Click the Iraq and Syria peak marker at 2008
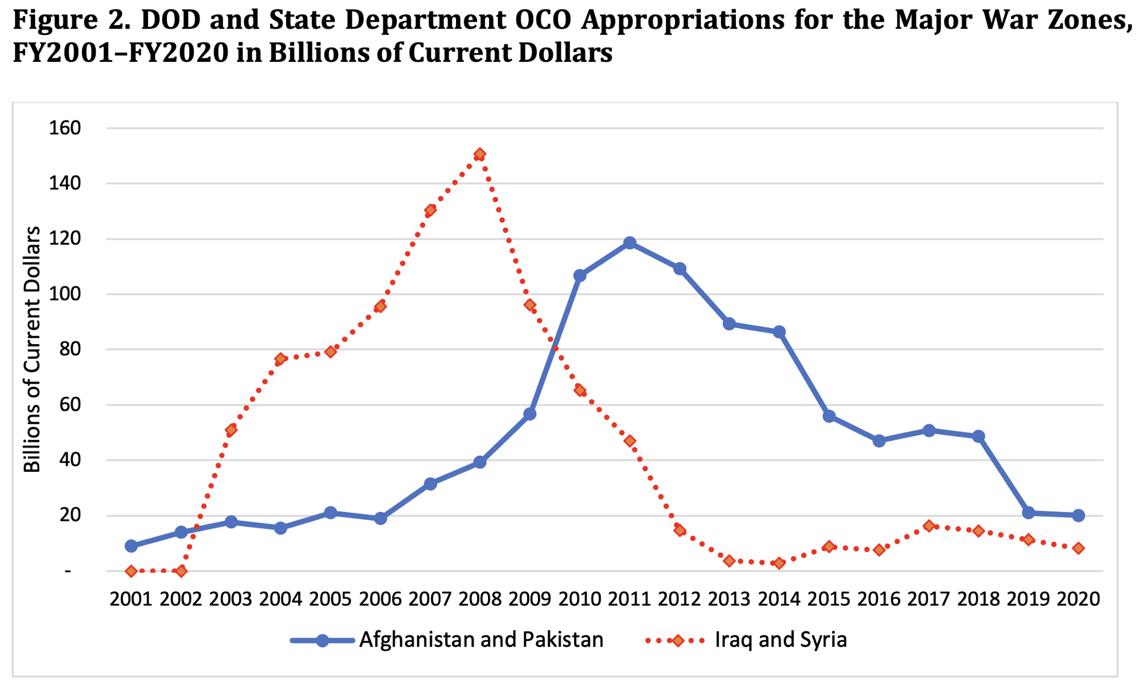click(480, 154)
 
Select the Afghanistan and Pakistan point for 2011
click(630, 243)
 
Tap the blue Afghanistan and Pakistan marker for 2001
click(131, 546)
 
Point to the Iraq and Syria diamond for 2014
click(779, 563)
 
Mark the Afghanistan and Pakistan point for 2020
click(1078, 516)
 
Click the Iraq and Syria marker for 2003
click(231, 430)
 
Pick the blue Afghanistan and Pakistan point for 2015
click(829, 416)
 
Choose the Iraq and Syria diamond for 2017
click(929, 526)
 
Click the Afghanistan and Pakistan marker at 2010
click(580, 276)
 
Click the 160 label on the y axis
click(65, 128)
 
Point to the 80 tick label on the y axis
click(70, 350)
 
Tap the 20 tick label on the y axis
click(70, 516)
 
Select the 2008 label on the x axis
click(480, 599)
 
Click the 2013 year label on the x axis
click(729, 599)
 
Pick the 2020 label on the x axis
click(1078, 599)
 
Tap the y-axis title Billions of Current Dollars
click(32, 350)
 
